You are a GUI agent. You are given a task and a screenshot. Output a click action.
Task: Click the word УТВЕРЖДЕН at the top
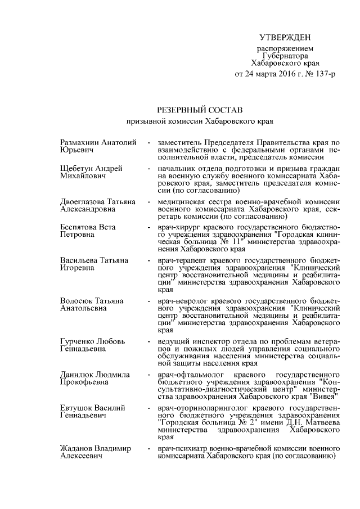284,37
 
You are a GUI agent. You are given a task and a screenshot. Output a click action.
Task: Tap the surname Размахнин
81,143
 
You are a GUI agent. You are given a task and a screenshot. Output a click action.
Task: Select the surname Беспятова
79,227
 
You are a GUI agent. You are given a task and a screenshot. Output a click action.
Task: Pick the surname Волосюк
76,301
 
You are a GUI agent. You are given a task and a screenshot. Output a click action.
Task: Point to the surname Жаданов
76,448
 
